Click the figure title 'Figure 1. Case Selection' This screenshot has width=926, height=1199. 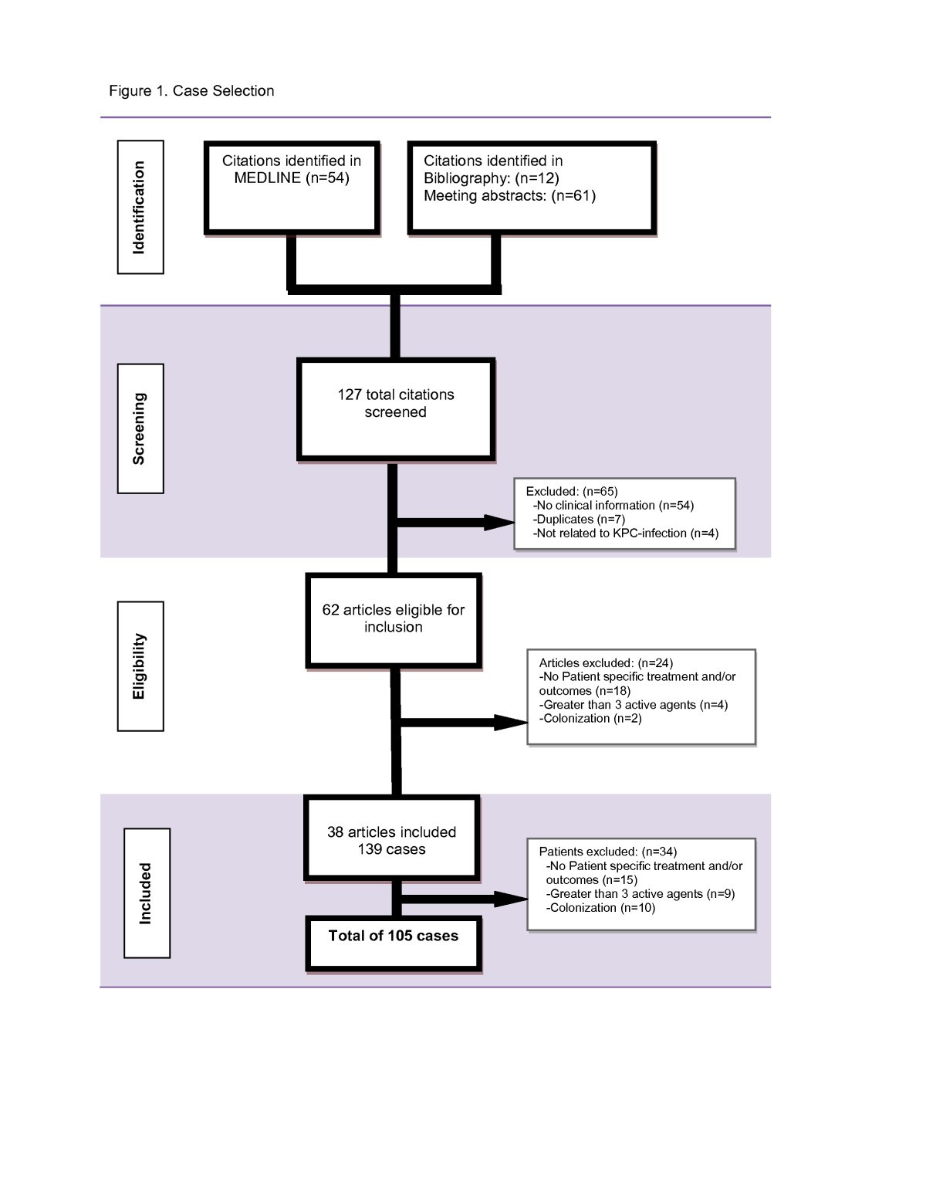(191, 91)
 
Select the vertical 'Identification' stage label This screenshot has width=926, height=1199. (140, 207)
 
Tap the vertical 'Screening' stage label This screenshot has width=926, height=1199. (140, 428)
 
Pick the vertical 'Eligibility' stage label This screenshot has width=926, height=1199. (140, 666)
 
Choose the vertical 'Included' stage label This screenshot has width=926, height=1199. (146, 893)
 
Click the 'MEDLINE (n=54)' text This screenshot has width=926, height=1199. (292, 178)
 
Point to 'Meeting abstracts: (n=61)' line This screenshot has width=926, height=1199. (509, 196)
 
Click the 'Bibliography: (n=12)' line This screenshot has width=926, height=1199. (491, 178)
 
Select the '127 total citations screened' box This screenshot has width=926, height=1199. (395, 409)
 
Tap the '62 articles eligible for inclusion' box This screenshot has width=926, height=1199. (394, 619)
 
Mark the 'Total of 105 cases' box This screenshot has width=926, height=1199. (394, 942)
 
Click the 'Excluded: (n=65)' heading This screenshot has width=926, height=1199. (571, 491)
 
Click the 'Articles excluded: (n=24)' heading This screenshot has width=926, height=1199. (606, 662)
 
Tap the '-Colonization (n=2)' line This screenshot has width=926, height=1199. (590, 719)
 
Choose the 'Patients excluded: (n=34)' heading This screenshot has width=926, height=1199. (607, 852)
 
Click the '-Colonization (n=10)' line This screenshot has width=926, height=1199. (600, 908)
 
